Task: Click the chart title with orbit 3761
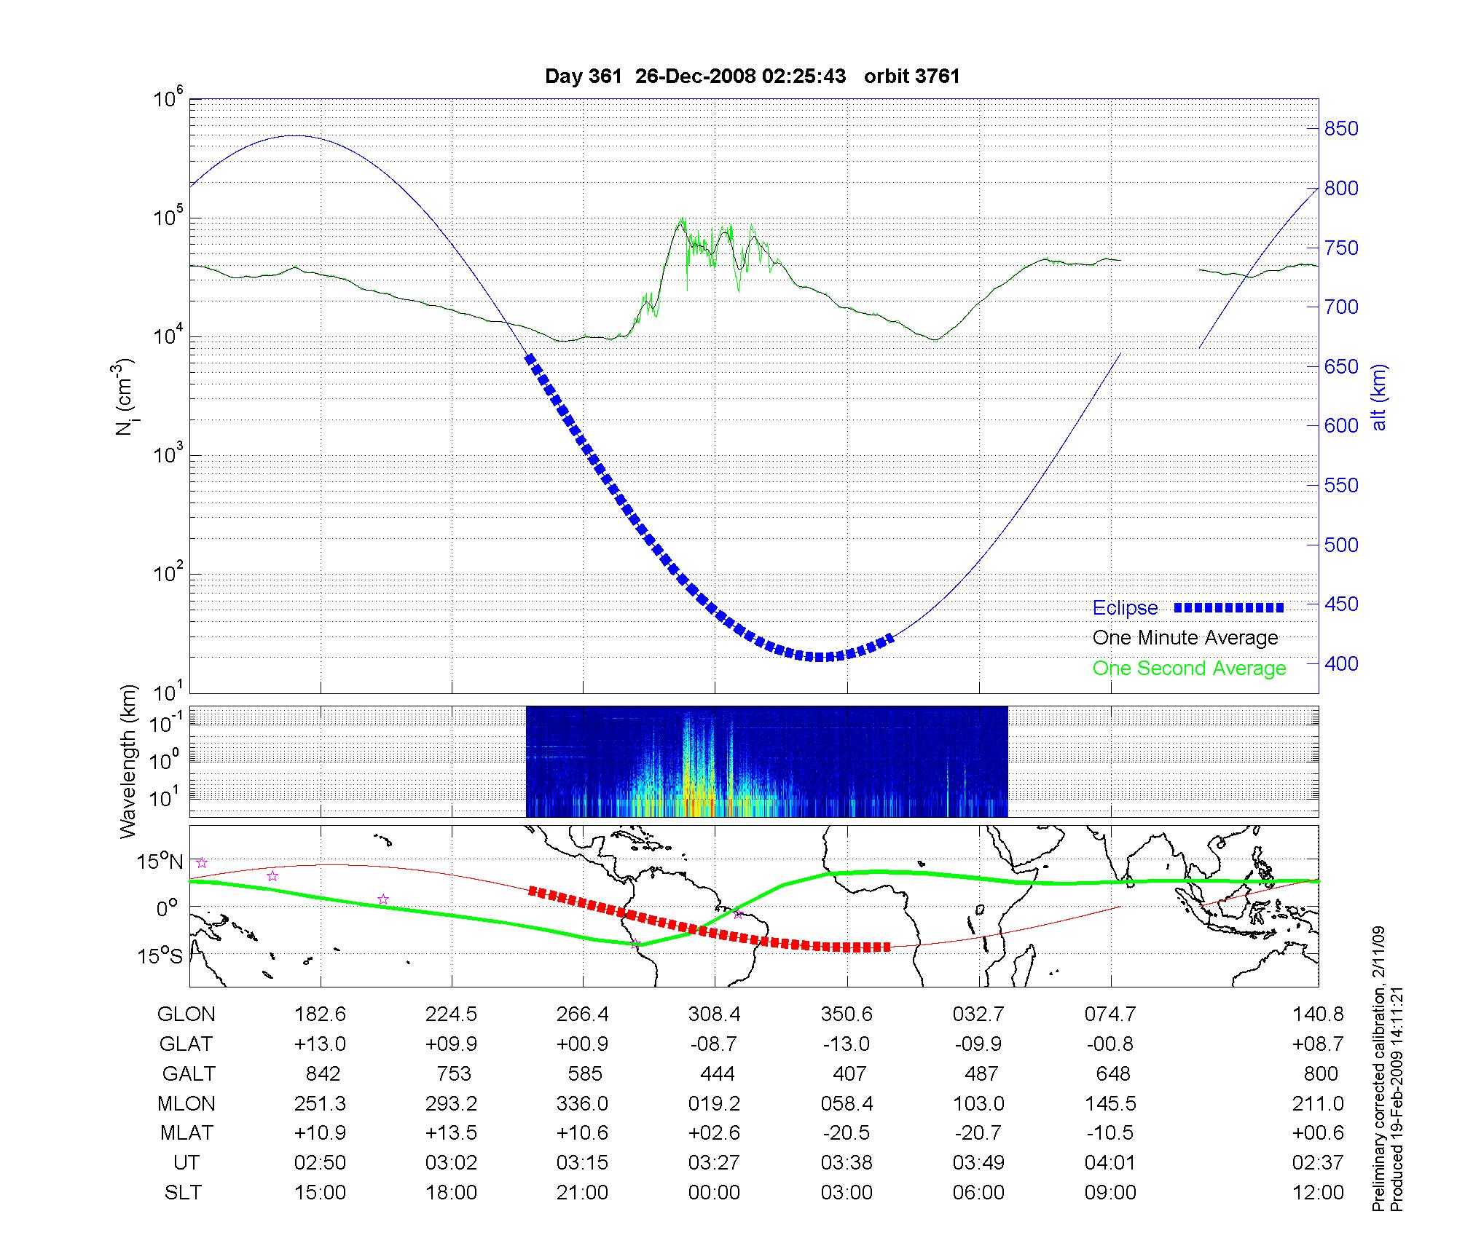[752, 76]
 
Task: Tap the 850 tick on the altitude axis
[1341, 129]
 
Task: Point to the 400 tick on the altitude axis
[1341, 663]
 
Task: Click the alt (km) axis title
[1379, 397]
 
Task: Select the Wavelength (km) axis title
[128, 761]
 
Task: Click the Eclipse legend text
[1125, 608]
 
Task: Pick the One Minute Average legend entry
[1185, 638]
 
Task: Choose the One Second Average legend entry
[1189, 669]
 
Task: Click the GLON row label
[186, 1014]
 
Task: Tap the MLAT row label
[186, 1133]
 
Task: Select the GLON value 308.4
[714, 1014]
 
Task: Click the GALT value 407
[849, 1073]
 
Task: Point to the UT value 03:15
[582, 1163]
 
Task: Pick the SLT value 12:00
[1318, 1193]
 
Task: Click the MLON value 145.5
[1110, 1103]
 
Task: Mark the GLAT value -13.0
[847, 1044]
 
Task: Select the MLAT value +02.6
[714, 1133]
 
